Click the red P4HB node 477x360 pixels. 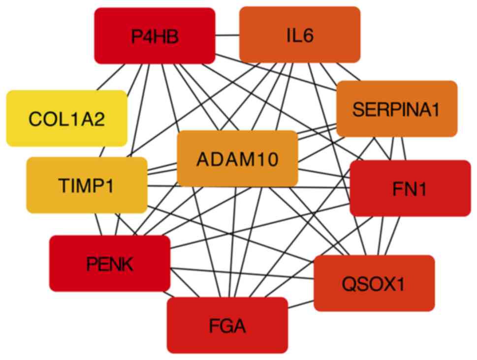155,35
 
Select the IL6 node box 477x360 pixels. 299,34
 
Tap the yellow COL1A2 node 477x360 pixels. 66,119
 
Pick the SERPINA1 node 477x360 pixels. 396,109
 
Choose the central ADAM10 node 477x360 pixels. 237,158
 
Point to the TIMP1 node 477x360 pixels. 87,185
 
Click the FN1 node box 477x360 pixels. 410,188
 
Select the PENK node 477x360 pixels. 109,264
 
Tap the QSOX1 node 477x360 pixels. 374,283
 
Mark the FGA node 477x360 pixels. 227,325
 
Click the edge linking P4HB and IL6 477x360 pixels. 227,35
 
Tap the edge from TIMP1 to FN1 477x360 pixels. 162,186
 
